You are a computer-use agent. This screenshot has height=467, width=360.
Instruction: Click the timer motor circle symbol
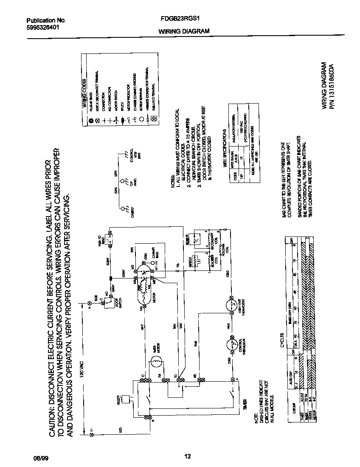[x=155, y=362]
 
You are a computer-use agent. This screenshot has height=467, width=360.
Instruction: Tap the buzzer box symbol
[x=126, y=399]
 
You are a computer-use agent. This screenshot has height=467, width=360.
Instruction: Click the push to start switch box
[x=109, y=243]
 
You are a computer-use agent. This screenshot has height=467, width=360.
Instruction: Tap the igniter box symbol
[x=196, y=260]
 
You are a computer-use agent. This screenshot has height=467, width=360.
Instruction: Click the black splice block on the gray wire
[x=111, y=279]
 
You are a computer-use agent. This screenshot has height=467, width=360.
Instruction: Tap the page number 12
[x=187, y=456]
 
